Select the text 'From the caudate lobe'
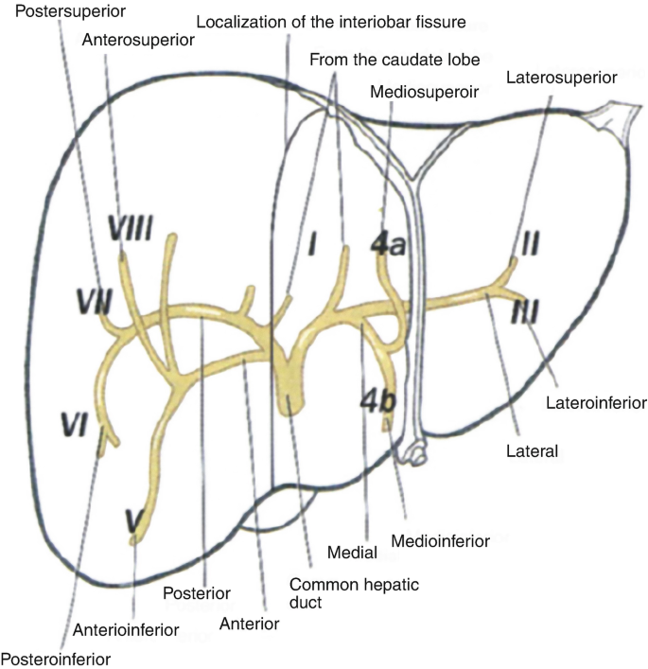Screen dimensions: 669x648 (x=394, y=59)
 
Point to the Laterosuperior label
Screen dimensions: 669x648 (x=562, y=76)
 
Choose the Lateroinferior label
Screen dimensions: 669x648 (x=596, y=403)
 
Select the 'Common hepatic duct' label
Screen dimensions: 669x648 (x=338, y=593)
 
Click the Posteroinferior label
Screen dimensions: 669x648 (x=54, y=657)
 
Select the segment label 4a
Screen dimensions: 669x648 (x=388, y=243)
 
